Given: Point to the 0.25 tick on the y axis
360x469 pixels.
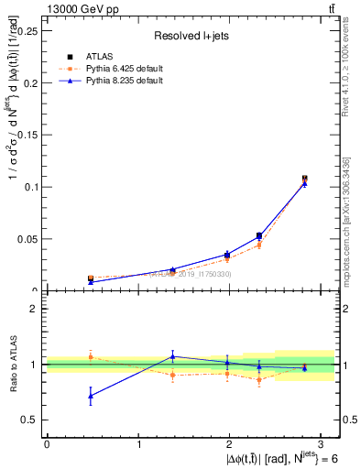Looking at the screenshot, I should (29, 30).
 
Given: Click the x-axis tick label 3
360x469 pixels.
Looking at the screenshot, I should (322, 444).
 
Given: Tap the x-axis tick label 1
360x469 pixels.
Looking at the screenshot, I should (138, 444).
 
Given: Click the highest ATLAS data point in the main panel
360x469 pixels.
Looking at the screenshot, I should (305, 179).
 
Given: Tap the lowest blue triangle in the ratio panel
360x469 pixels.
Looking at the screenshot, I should (90, 396).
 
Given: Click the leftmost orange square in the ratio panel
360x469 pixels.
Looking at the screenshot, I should (90, 356).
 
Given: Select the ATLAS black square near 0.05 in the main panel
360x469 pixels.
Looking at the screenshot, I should (259, 236).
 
